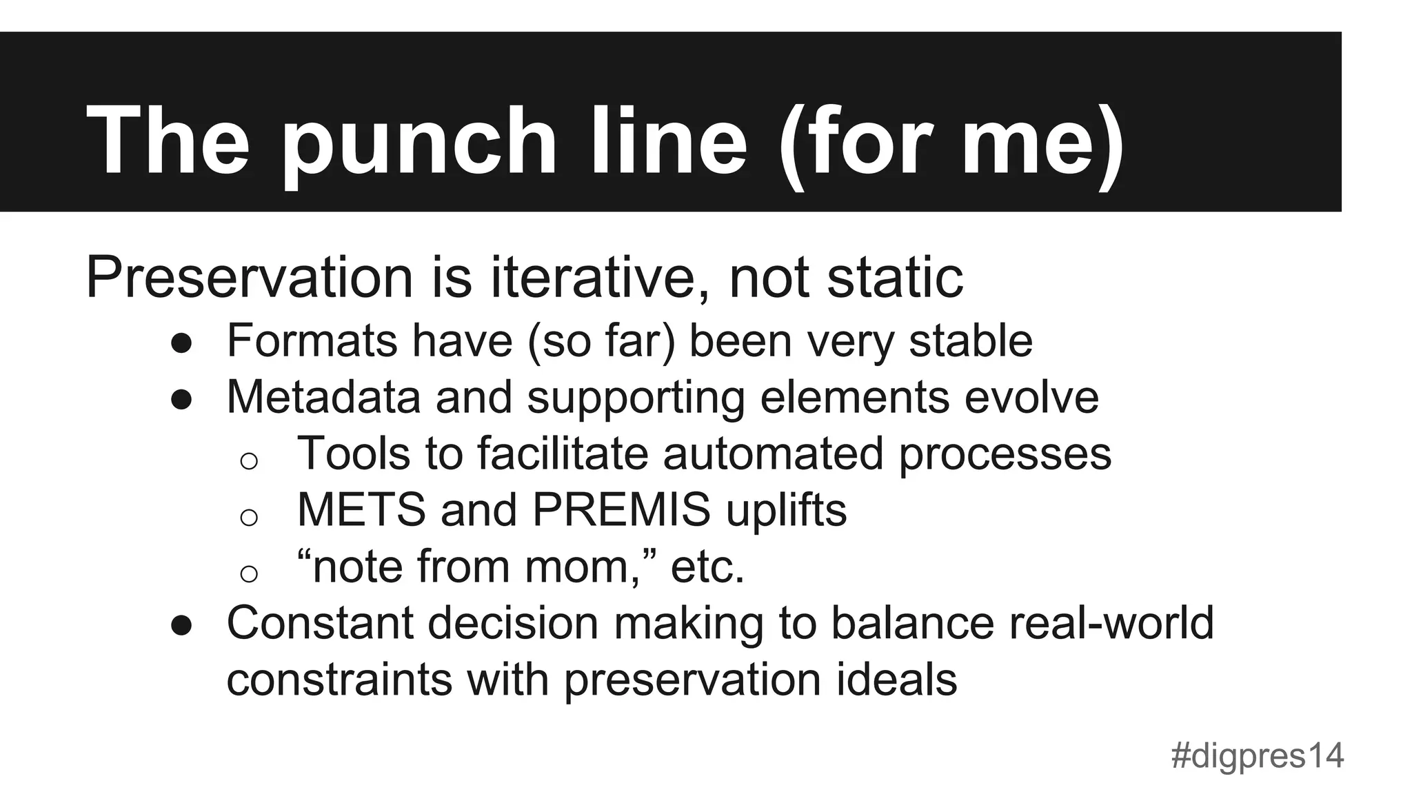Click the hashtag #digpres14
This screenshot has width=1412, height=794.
click(x=1257, y=756)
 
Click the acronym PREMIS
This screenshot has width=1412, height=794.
click(x=621, y=509)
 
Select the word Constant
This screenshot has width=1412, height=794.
click(x=319, y=622)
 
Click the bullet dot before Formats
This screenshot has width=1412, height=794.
click(x=181, y=343)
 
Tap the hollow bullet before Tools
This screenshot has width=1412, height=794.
click(x=249, y=460)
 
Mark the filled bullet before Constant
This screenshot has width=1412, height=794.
click(x=181, y=625)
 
